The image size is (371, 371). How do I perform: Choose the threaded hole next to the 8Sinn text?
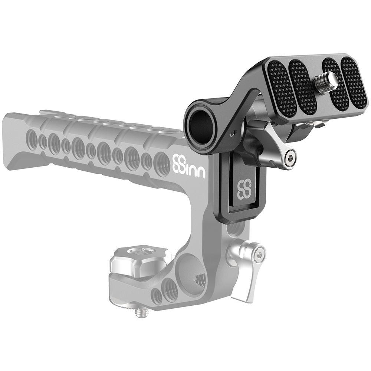[x=162, y=163]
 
